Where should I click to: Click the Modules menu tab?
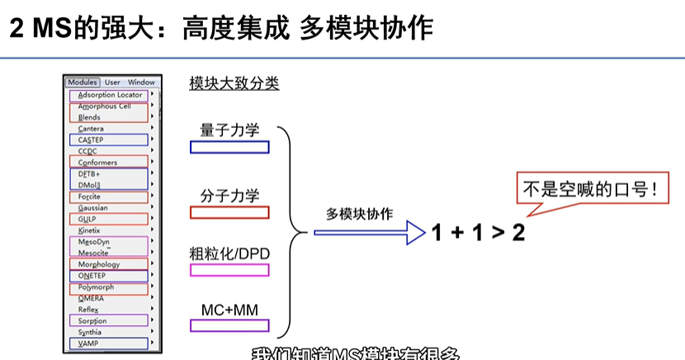click(83, 83)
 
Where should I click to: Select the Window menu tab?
click(141, 83)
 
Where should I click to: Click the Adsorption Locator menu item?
click(110, 95)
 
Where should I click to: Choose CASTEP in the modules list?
click(91, 140)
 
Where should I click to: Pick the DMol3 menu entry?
click(89, 186)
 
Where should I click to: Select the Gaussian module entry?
click(92, 208)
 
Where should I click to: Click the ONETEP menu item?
click(92, 276)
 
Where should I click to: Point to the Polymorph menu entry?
click(96, 287)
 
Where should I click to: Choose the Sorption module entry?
click(92, 320)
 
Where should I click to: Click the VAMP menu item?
click(87, 343)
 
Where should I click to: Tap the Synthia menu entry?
click(90, 332)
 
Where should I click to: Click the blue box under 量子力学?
click(229, 147)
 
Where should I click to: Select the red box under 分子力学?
click(229, 212)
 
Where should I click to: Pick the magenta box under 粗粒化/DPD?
click(229, 269)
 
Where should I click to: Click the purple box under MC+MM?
click(229, 325)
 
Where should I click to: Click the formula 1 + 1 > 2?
click(478, 233)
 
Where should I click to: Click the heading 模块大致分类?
click(234, 83)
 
